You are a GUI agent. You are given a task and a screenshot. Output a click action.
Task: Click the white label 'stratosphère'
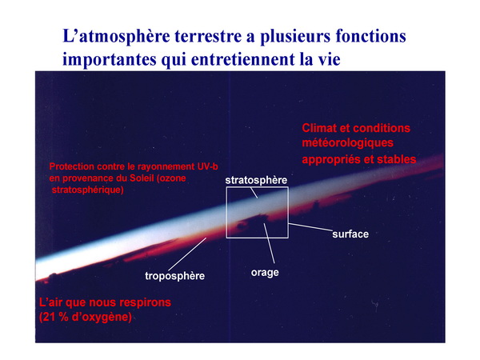point(256,180)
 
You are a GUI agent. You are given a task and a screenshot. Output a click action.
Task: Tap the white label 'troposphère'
point(174,276)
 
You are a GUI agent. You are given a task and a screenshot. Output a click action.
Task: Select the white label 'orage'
point(265,273)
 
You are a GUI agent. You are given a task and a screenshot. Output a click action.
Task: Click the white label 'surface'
point(350,234)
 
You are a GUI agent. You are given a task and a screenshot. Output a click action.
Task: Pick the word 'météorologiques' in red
point(348,143)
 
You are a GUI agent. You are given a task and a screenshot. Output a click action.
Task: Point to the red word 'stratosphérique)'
point(87,190)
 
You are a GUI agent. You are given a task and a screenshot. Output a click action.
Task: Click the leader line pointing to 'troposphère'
point(187,254)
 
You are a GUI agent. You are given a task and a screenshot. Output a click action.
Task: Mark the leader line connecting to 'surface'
point(310,227)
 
